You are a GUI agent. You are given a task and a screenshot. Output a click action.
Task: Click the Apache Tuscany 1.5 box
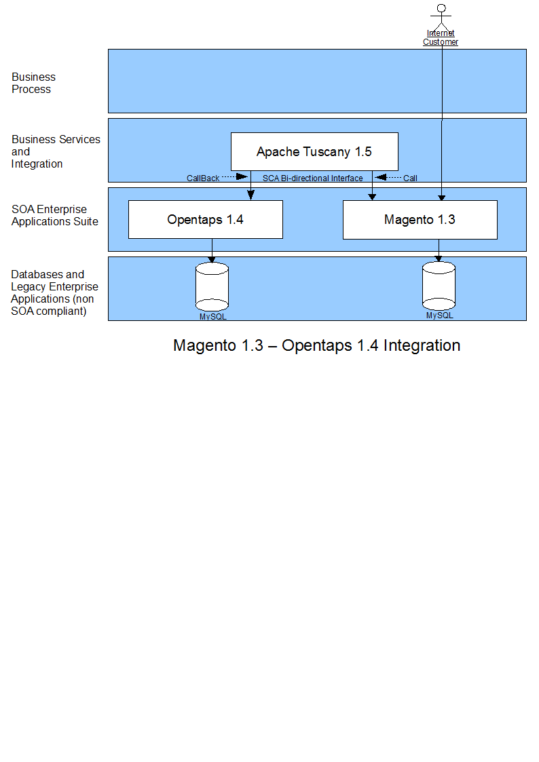(314, 151)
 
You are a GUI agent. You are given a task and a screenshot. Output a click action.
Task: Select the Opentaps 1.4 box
(206, 220)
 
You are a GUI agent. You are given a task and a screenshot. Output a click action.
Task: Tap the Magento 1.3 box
(420, 220)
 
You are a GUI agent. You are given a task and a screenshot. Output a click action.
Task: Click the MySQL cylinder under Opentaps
(212, 287)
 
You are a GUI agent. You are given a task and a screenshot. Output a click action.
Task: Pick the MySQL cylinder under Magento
(439, 286)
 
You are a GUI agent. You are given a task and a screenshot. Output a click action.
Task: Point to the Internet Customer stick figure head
(441, 8)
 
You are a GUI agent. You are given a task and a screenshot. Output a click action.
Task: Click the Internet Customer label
(441, 37)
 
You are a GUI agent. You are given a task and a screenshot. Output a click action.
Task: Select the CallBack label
(203, 178)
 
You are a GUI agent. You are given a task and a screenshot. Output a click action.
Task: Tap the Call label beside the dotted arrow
(410, 178)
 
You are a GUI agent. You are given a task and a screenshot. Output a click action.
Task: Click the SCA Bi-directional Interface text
(312, 178)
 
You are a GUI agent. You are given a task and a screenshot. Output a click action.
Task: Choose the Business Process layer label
(33, 83)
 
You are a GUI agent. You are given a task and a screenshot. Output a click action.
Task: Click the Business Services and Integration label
(56, 151)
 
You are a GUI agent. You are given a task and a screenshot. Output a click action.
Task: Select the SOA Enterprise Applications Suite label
(55, 215)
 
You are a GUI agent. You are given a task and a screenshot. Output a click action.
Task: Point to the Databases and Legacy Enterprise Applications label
(54, 292)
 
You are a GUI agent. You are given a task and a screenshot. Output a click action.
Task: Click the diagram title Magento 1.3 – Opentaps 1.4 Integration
(316, 345)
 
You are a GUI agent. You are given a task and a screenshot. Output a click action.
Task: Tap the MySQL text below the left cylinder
(213, 316)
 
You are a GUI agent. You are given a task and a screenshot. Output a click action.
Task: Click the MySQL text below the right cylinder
(440, 316)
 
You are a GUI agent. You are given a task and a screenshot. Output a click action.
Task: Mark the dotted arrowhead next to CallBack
(242, 176)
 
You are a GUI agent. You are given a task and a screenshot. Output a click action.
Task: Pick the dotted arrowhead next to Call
(381, 177)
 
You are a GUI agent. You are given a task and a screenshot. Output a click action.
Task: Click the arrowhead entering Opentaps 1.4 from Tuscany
(250, 195)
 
